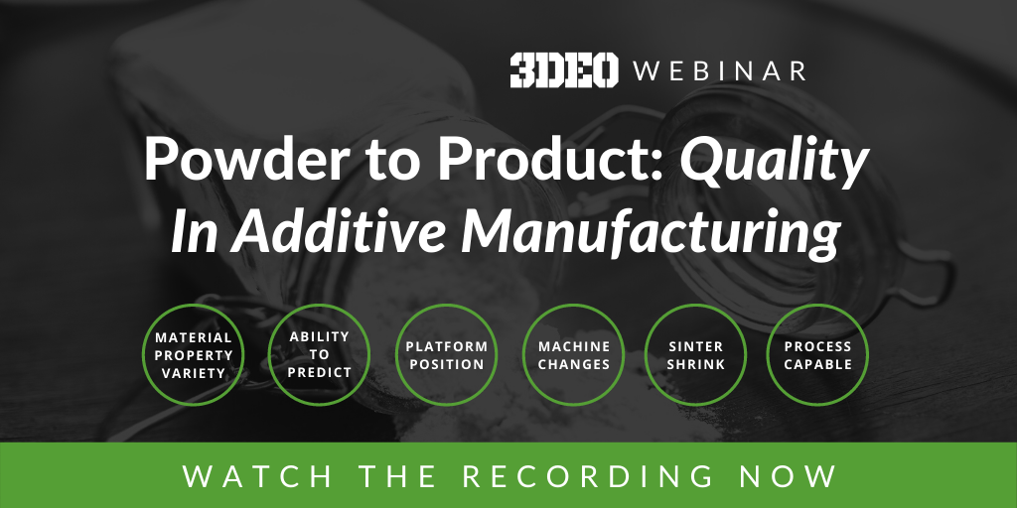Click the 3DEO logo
(564, 70)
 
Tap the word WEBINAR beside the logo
(720, 71)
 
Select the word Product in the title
(539, 160)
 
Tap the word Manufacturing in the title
(651, 234)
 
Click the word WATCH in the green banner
(257, 476)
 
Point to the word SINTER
(695, 346)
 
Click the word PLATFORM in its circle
(446, 346)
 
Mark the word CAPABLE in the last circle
(817, 364)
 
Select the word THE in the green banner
(397, 476)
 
